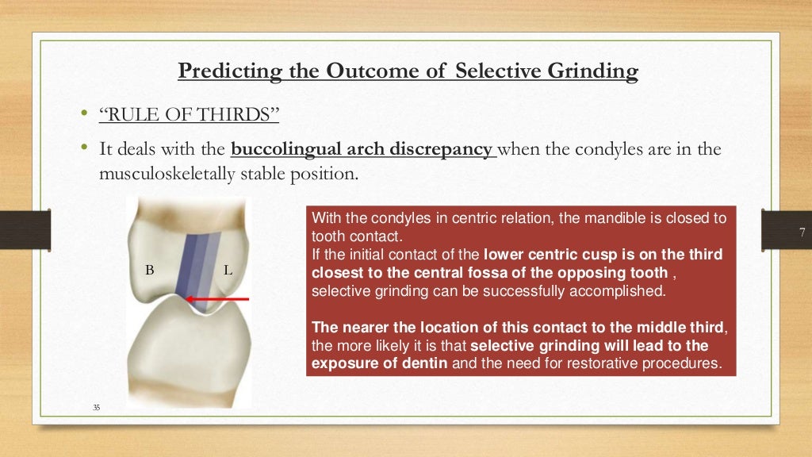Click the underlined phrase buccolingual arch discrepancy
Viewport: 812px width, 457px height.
[x=362, y=148]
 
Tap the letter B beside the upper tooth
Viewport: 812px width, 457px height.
[x=149, y=271]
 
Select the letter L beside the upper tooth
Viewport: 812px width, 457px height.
[x=228, y=271]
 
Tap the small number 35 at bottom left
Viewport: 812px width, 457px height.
[x=96, y=408]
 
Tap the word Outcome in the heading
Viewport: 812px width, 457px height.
[x=375, y=71]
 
